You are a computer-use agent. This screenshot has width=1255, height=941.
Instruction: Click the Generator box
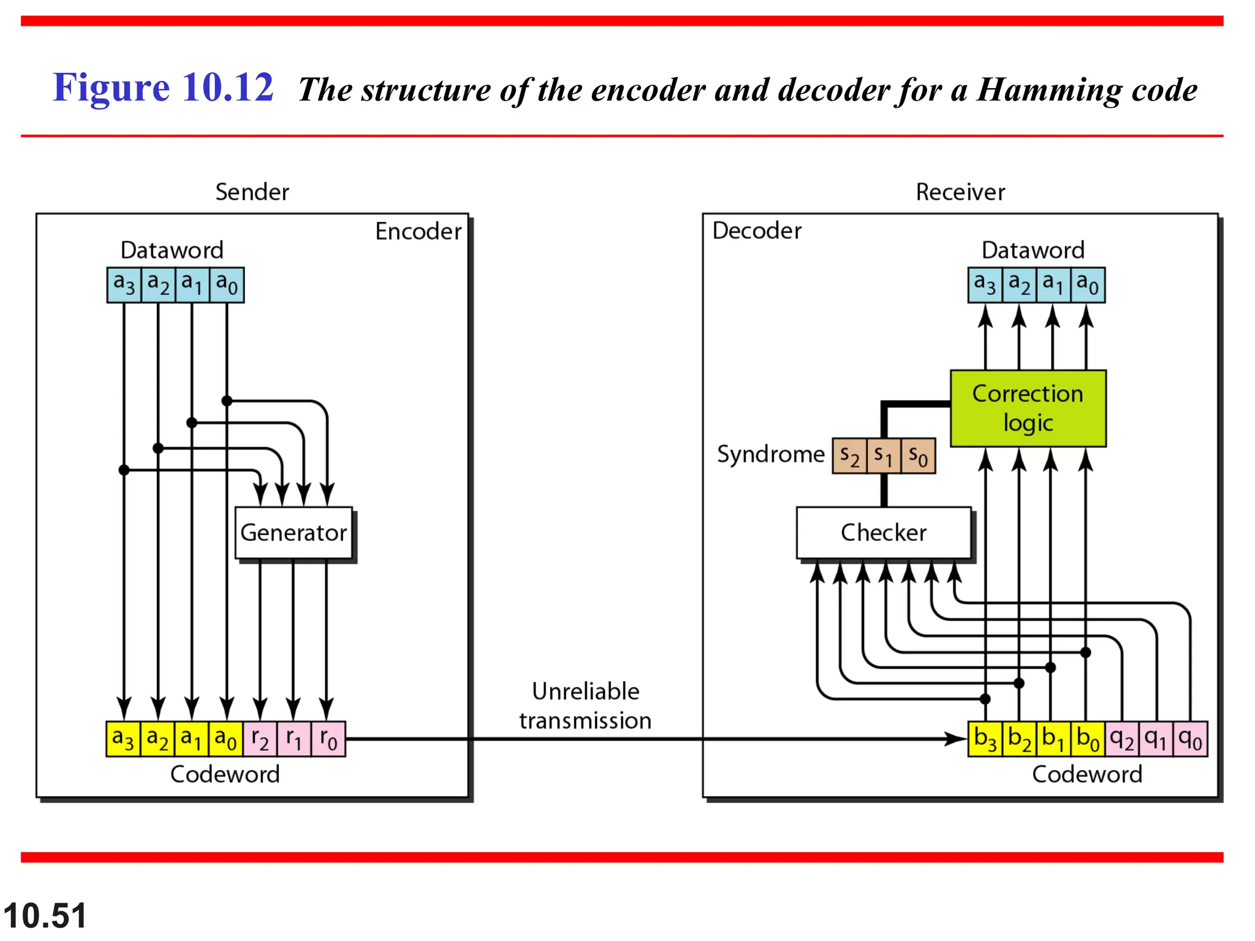tap(294, 532)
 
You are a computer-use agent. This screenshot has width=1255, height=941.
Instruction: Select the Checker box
tap(883, 532)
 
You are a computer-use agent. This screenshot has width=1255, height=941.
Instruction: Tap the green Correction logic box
tap(1028, 408)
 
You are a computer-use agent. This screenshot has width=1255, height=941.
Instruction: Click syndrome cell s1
tap(883, 456)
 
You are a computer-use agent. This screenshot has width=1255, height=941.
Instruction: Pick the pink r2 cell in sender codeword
tap(260, 739)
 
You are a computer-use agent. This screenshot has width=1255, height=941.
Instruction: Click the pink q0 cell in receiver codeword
tap(1190, 739)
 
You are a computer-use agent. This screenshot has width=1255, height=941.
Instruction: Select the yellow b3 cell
tap(985, 739)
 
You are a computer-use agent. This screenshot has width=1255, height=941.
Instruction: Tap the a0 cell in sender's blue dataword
tap(227, 285)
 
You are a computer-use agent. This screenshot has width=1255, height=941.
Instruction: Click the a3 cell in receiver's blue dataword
tap(985, 285)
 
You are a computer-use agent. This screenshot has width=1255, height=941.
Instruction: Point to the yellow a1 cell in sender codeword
tap(192, 739)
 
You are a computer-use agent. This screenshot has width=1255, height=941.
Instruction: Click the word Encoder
tap(418, 232)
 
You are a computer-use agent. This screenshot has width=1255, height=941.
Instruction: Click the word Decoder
tap(757, 231)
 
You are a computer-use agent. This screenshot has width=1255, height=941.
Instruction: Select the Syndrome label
tap(770, 455)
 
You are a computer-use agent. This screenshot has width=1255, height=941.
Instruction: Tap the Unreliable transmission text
tap(585, 706)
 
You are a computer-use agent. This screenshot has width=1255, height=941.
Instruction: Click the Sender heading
tap(252, 192)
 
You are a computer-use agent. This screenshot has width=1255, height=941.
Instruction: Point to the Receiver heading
tap(960, 192)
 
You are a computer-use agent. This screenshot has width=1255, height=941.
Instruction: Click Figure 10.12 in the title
tap(163, 88)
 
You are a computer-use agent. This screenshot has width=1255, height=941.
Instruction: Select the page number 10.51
tap(45, 916)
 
